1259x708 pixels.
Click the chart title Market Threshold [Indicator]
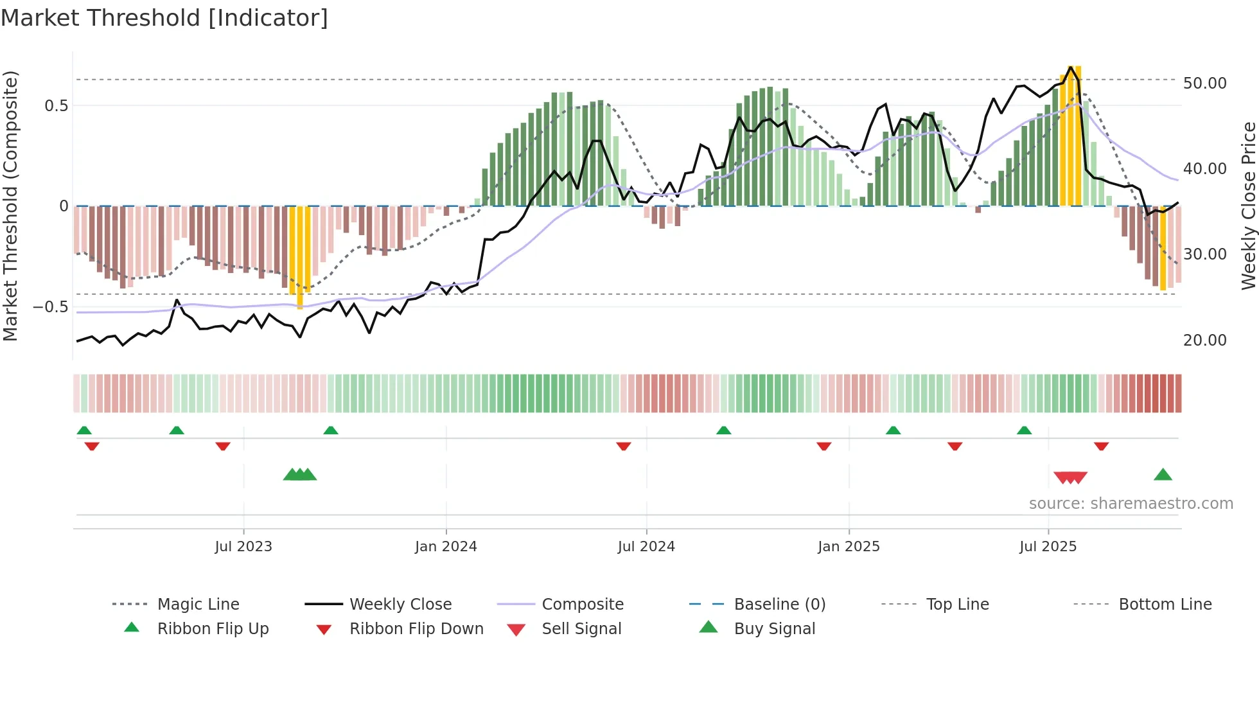click(x=164, y=18)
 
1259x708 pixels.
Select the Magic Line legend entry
click(x=198, y=604)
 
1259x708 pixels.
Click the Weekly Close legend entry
click(x=400, y=604)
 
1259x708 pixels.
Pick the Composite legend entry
click(x=582, y=604)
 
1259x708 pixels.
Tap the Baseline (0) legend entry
click(x=779, y=604)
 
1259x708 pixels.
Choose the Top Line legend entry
click(x=957, y=604)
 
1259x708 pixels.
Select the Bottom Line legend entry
click(x=1165, y=604)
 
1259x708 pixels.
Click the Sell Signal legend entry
click(x=581, y=628)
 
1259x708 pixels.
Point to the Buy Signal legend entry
click(x=774, y=628)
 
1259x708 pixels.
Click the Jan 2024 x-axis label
click(x=446, y=546)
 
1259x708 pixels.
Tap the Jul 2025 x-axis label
click(x=1048, y=546)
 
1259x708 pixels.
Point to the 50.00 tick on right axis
click(x=1204, y=84)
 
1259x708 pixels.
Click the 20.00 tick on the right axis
click(x=1204, y=340)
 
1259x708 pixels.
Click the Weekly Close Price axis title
click(x=1248, y=206)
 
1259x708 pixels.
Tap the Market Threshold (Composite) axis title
click(x=10, y=206)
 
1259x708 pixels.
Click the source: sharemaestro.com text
click(x=1131, y=503)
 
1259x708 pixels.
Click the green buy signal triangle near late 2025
click(x=1163, y=475)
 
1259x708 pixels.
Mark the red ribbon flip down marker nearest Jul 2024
click(x=623, y=446)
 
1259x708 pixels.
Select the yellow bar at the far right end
click(x=1163, y=248)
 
